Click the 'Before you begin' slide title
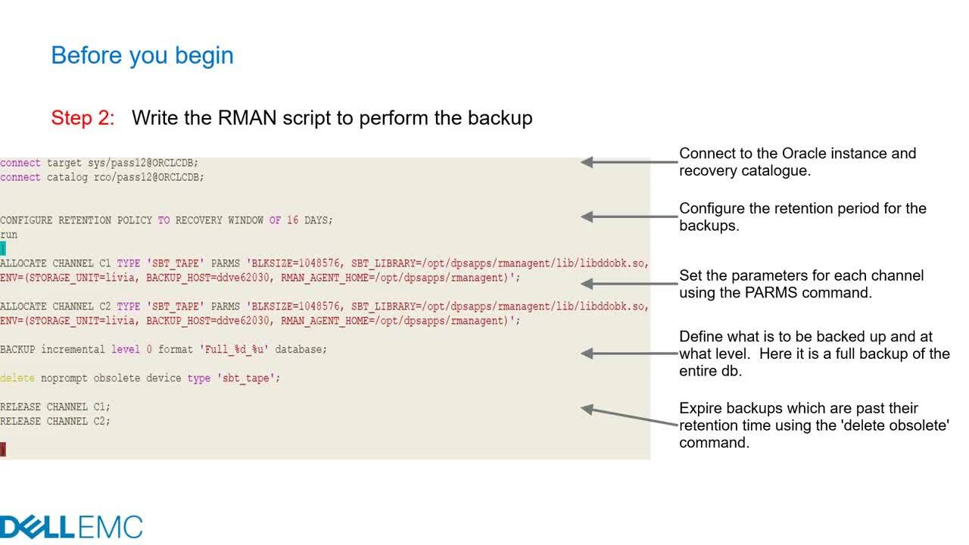click(142, 56)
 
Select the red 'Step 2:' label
click(83, 117)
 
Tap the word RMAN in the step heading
click(247, 117)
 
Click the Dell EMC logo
click(71, 528)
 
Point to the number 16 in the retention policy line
click(292, 220)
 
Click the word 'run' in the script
click(8, 235)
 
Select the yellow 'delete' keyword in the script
click(17, 378)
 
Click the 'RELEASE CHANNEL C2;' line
click(55, 422)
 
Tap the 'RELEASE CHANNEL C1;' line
click(55, 407)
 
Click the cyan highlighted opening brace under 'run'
click(2, 249)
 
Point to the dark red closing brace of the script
click(2, 450)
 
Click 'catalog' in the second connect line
click(67, 177)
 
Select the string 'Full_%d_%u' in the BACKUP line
click(234, 350)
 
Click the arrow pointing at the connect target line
click(629, 162)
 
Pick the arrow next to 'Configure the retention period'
click(629, 216)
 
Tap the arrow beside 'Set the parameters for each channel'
click(629, 284)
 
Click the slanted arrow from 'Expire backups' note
click(629, 417)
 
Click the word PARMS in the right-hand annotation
click(771, 293)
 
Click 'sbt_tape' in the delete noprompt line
click(245, 378)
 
